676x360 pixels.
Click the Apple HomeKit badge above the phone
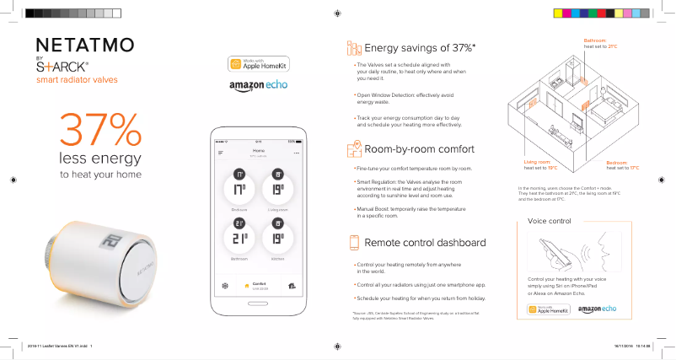pyautogui.click(x=252, y=65)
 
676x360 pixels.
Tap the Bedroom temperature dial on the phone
pyautogui.click(x=239, y=187)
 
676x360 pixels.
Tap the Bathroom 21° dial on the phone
pyautogui.click(x=239, y=237)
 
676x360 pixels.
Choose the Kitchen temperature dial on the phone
pyautogui.click(x=277, y=237)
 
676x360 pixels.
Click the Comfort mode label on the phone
pyautogui.click(x=259, y=284)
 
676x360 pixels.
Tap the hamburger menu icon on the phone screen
pyautogui.click(x=221, y=153)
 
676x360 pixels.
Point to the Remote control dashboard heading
pyautogui.click(x=424, y=243)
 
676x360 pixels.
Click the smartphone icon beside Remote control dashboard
pyautogui.click(x=354, y=243)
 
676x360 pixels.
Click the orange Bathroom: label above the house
pyautogui.click(x=595, y=40)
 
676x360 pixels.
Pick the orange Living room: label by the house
pyautogui.click(x=537, y=161)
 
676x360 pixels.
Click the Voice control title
pyautogui.click(x=549, y=220)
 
